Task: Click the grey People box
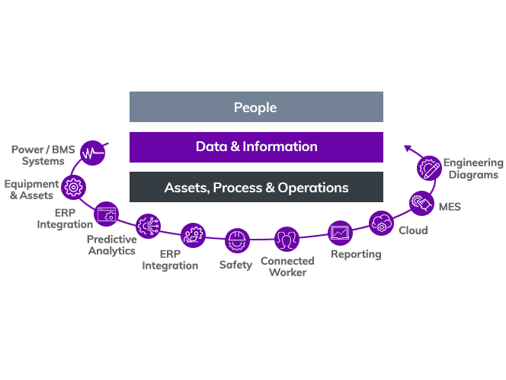[256, 107]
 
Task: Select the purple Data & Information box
[256, 147]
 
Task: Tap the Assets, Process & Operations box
[256, 187]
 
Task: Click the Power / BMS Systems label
[43, 155]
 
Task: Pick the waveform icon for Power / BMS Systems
[93, 153]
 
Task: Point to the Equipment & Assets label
[31, 189]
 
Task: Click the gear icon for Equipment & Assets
[73, 185]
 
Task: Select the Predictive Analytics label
[111, 245]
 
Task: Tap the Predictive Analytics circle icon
[148, 226]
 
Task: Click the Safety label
[235, 265]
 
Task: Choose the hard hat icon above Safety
[239, 240]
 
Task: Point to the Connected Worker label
[287, 266]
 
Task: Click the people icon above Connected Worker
[287, 240]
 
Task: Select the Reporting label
[356, 253]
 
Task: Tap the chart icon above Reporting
[340, 230]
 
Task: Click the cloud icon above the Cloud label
[380, 224]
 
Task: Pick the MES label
[450, 206]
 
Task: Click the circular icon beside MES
[420, 202]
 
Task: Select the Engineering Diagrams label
[473, 168]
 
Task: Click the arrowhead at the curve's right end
[408, 147]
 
